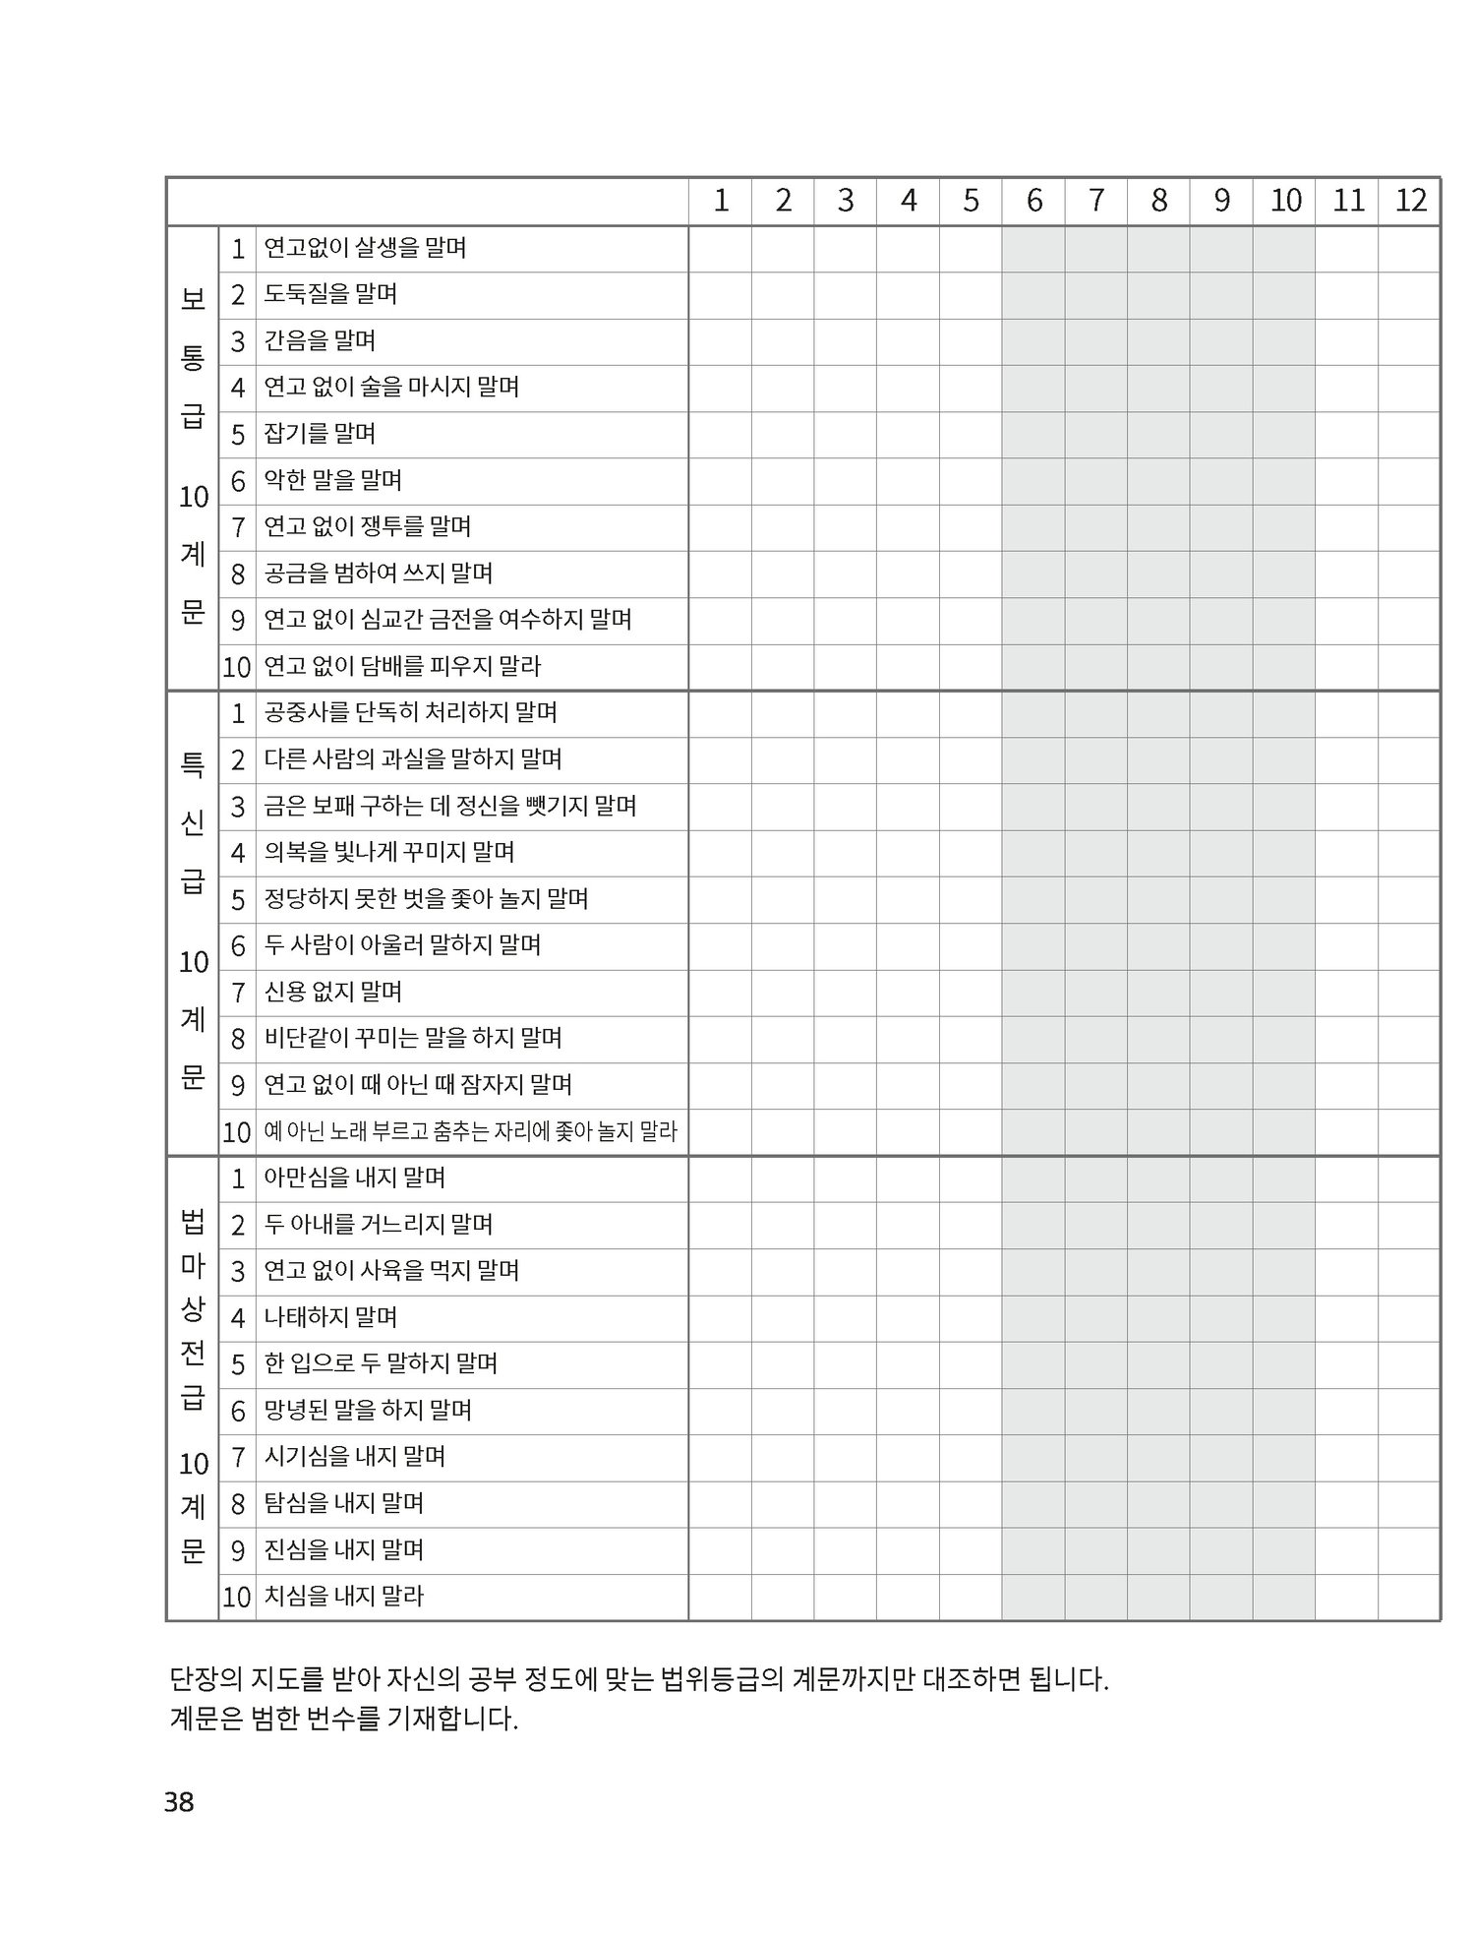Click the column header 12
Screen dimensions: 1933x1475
coord(1410,201)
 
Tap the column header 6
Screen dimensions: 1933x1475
coord(1033,201)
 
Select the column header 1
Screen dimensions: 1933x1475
coord(721,201)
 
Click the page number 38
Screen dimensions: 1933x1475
coord(179,1802)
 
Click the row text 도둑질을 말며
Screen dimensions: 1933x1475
coord(330,294)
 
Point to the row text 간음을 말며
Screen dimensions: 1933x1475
coord(320,340)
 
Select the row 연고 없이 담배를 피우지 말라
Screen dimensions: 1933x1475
coord(402,666)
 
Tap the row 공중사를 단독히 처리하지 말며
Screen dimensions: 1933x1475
coord(410,712)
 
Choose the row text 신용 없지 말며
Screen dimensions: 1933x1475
coord(333,992)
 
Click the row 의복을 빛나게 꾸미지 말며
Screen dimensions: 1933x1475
coord(389,852)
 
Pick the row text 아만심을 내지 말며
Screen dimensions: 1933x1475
coord(355,1178)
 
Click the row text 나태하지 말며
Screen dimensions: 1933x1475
coord(330,1317)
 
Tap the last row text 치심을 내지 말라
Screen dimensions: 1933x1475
coord(343,1596)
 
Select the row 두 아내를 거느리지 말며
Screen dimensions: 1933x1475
coord(379,1225)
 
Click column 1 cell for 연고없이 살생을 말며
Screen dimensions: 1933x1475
coord(721,248)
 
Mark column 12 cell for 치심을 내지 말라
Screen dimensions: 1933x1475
coord(1410,1596)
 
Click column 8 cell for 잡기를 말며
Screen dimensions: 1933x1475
coord(1158,434)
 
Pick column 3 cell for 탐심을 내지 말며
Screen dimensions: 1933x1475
coord(846,1503)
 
